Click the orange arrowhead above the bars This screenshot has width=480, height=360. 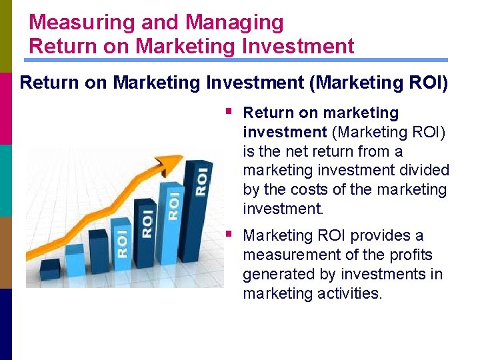pos(174,162)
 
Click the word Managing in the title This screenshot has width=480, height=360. pos(235,22)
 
